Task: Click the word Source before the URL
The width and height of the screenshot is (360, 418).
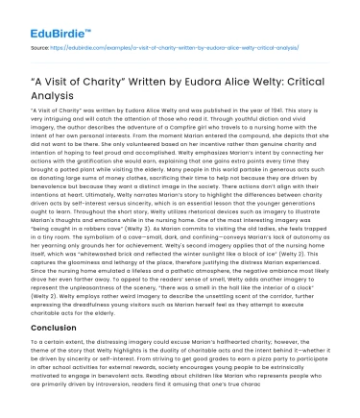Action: [40, 45]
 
